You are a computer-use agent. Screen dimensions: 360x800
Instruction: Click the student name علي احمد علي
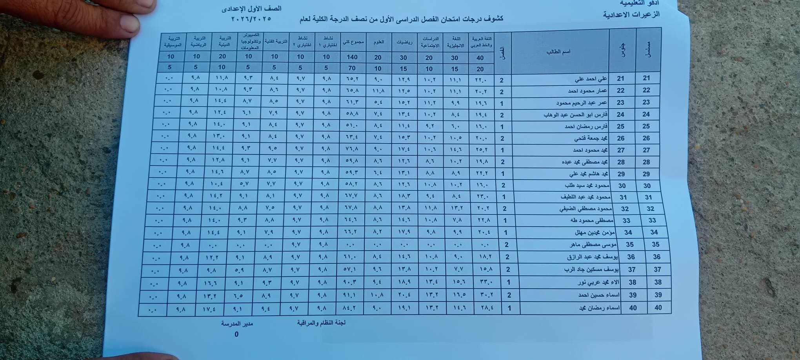pos(591,79)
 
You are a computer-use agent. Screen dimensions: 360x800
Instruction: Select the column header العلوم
pos(378,42)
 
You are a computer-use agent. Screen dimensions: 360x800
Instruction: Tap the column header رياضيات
pos(404,42)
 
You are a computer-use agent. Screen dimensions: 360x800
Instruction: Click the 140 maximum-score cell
pos(352,57)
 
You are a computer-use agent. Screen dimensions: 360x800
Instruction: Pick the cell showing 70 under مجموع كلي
pos(351,68)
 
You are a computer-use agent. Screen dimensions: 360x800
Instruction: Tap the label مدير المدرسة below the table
pos(236,324)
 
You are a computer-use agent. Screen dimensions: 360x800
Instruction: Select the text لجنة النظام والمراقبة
pos(321,323)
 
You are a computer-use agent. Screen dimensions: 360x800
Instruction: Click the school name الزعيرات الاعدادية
pos(631,15)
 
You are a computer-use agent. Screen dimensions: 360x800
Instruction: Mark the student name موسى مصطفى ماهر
pos(593,245)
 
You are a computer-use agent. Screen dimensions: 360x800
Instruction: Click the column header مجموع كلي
pos(353,42)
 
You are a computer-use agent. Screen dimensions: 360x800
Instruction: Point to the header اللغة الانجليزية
pos(455,42)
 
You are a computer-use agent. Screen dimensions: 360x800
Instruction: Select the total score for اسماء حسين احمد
pos(349,295)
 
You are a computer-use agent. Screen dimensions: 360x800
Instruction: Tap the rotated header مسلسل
pos(648,50)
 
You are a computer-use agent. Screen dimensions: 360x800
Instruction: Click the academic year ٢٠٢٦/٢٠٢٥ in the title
pos(251,19)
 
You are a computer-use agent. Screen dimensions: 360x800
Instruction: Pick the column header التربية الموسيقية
pos(174,42)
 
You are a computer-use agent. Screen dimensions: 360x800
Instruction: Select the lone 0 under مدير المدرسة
pos(236,335)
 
